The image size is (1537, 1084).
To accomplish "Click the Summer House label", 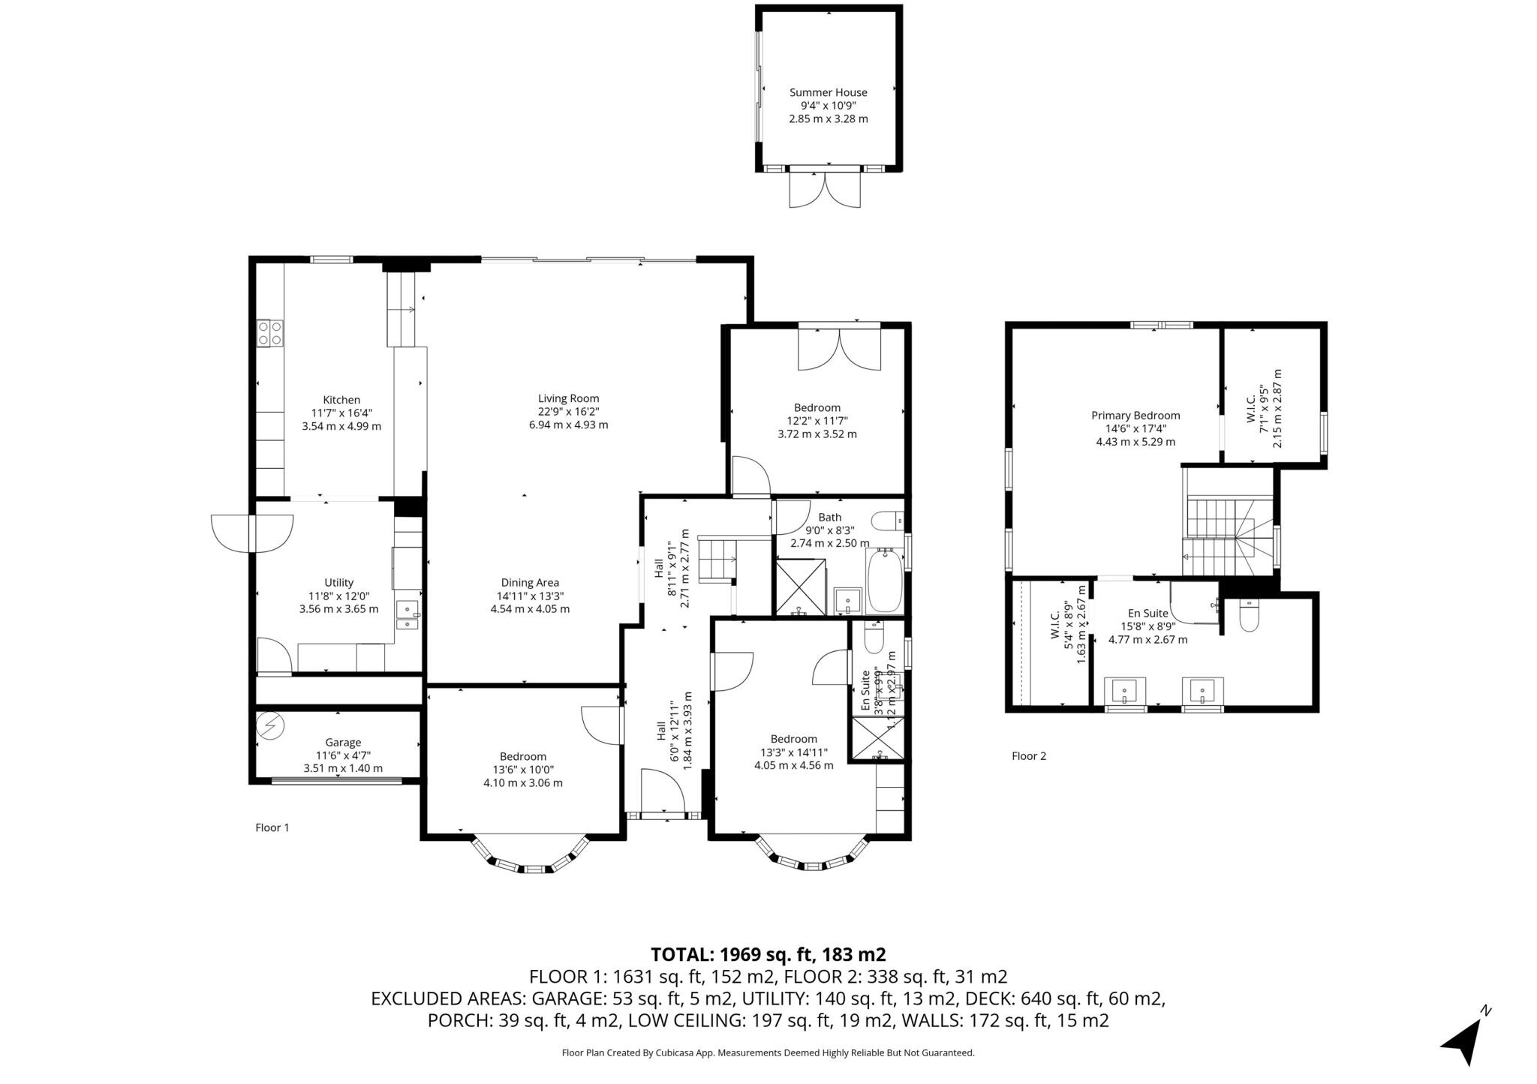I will pos(828,93).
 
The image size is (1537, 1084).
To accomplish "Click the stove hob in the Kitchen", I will pos(269,333).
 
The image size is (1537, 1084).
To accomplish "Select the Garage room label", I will pos(342,743).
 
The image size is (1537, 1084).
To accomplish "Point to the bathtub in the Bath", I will pos(886,582).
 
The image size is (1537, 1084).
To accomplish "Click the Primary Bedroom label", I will pos(1135,416).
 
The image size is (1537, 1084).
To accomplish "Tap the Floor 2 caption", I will pos(1028,756).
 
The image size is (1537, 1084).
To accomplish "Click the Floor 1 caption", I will pos(272,827).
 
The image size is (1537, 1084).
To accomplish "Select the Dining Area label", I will pos(530,583).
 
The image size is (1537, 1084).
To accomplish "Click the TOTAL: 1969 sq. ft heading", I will pos(768,954).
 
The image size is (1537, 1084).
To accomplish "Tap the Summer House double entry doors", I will pos(825,189).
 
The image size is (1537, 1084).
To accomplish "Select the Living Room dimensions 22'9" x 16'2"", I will pos(568,412).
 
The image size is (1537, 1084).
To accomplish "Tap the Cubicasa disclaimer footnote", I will pos(768,1053).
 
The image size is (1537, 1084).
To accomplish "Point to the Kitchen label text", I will pos(341,400).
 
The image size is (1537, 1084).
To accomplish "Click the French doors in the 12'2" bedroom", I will pos(839,348).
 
